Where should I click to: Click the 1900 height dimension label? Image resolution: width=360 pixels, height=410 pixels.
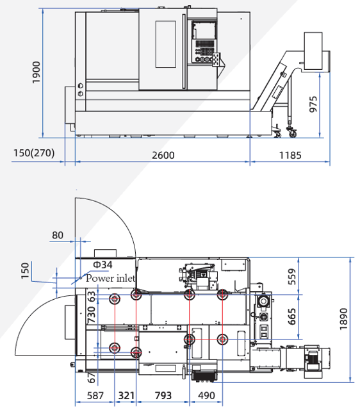tap(36, 72)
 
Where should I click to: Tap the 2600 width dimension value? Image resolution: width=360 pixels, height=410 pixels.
tap(163, 155)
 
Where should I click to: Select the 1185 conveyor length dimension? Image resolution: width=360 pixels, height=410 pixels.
tap(290, 155)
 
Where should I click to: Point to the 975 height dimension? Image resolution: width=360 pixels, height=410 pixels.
tap(313, 104)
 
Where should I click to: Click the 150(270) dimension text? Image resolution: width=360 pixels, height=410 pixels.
tap(34, 152)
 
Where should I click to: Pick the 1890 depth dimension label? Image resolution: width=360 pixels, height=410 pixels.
tap(343, 319)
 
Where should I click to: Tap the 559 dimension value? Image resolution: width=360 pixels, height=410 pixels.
tap(291, 277)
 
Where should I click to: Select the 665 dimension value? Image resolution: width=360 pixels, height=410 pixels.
tap(291, 316)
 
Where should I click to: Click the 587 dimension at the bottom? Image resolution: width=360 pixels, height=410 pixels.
tap(95, 396)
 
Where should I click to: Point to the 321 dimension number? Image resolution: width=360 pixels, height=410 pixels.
tap(127, 396)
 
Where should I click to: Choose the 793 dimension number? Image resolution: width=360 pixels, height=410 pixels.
tap(163, 396)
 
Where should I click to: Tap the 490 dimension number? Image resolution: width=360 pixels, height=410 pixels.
tap(206, 396)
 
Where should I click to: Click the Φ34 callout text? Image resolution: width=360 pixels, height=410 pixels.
tap(102, 265)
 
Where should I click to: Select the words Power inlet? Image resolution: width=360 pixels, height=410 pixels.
tap(110, 278)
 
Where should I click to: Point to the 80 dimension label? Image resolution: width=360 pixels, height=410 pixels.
tap(58, 235)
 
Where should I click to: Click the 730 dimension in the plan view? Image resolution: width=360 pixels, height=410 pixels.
tap(91, 315)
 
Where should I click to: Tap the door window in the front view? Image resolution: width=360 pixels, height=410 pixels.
tap(165, 44)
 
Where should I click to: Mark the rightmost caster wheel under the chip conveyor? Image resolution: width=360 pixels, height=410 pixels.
tap(293, 133)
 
